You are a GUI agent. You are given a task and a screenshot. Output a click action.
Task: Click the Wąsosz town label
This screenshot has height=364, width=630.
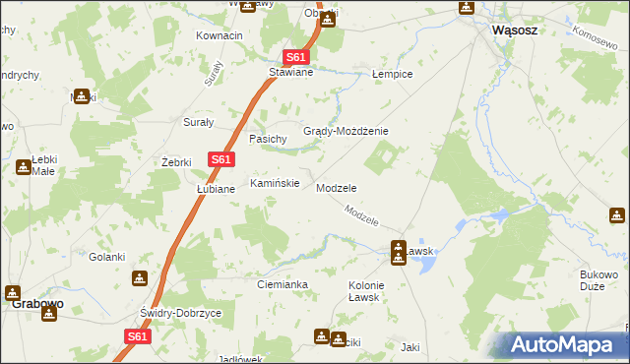[514, 30]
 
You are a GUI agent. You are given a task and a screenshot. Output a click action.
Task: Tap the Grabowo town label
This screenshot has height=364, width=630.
[37, 304]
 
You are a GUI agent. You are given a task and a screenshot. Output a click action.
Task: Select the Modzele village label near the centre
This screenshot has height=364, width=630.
[336, 187]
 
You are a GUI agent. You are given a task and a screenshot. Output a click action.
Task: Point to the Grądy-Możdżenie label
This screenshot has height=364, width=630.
[346, 131]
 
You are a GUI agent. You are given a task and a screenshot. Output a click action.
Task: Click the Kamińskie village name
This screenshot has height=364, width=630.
[275, 183]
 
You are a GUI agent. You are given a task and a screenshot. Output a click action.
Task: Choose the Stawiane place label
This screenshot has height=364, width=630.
[291, 72]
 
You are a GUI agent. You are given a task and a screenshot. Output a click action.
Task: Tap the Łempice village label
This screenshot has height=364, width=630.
[392, 75]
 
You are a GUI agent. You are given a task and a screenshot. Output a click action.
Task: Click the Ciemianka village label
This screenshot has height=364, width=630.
[283, 284]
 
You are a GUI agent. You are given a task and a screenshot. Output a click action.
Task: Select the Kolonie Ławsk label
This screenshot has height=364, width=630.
[365, 291]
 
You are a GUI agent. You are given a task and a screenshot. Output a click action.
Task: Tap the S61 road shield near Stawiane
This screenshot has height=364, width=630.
[296, 57]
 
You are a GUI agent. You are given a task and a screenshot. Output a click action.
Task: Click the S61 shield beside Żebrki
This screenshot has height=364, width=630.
[220, 159]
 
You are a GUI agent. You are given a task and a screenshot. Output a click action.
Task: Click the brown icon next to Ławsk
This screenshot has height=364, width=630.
[398, 247]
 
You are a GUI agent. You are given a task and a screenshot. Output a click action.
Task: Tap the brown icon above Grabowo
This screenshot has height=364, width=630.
[13, 291]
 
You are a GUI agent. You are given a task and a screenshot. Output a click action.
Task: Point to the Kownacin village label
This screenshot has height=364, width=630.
[220, 35]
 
